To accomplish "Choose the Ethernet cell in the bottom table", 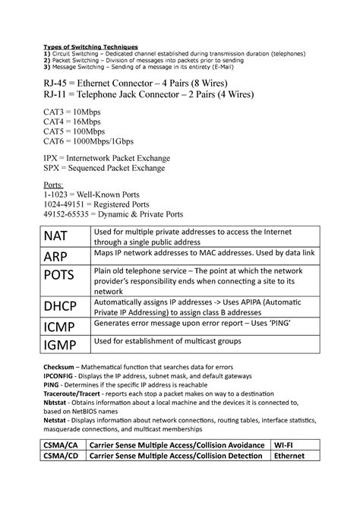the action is [298, 456].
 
